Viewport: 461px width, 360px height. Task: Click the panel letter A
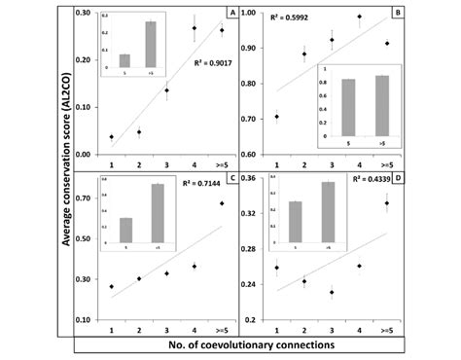pos(231,12)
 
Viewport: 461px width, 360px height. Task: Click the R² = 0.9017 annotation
pos(210,67)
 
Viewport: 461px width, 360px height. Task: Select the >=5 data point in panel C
pos(222,203)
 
